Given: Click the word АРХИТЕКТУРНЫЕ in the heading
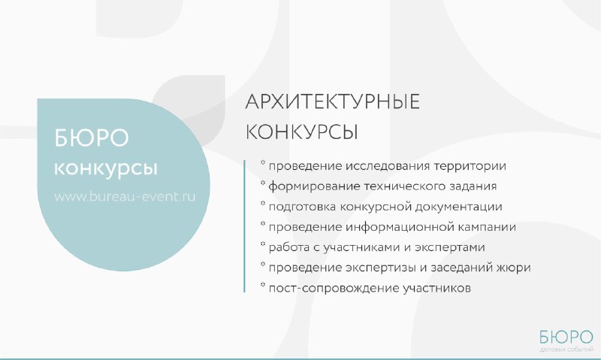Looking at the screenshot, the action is (x=332, y=102).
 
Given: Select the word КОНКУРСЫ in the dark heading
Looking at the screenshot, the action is (x=302, y=132).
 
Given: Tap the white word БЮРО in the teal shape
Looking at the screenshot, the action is (x=92, y=138).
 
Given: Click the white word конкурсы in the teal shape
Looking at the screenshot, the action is (x=106, y=168).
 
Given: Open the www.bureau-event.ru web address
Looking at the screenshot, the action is (x=125, y=196).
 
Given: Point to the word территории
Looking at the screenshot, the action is (x=470, y=166).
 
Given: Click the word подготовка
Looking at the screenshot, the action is (x=303, y=207).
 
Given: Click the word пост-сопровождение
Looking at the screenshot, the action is (x=334, y=289).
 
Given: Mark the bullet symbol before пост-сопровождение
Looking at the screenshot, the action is (x=263, y=285).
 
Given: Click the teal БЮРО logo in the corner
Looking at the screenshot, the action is (x=566, y=337).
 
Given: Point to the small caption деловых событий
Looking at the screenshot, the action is (x=566, y=349).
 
